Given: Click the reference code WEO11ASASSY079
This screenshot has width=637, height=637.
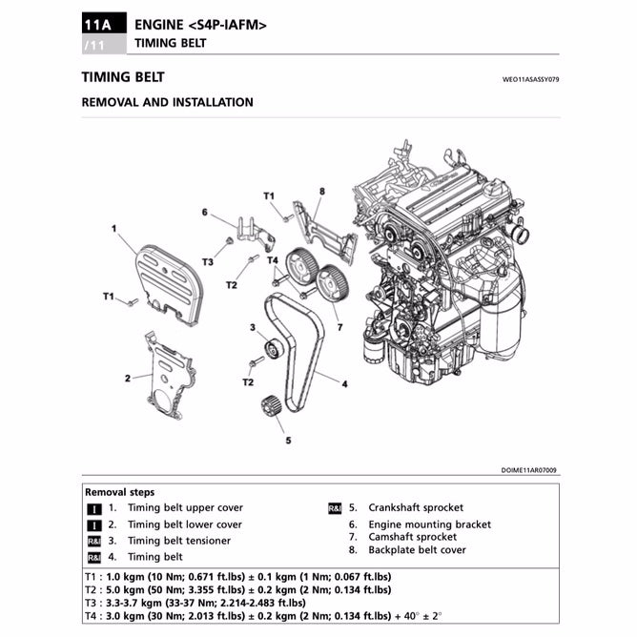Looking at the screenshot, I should pyautogui.click(x=530, y=81).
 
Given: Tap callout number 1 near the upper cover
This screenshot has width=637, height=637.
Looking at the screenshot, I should pyautogui.click(x=113, y=229).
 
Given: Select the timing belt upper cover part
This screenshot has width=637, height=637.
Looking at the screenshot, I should pyautogui.click(x=171, y=279).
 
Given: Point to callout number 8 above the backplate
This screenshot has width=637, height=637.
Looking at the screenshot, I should pyautogui.click(x=321, y=192).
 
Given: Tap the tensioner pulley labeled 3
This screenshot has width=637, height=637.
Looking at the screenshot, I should pyautogui.click(x=272, y=350).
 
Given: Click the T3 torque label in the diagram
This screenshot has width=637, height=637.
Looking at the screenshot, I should pyautogui.click(x=207, y=261).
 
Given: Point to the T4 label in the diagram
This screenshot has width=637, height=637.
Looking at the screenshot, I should pyautogui.click(x=272, y=259).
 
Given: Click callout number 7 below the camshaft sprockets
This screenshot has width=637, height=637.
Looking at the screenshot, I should pyautogui.click(x=339, y=327).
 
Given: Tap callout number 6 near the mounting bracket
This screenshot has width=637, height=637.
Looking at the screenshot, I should pyautogui.click(x=204, y=213).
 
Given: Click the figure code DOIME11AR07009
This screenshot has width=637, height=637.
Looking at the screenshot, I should pyautogui.click(x=530, y=470).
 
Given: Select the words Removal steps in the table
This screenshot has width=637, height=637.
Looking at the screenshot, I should pyautogui.click(x=119, y=492).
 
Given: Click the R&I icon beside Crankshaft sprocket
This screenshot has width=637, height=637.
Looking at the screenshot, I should pyautogui.click(x=335, y=508).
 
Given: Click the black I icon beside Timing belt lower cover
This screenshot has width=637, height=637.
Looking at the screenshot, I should pyautogui.click(x=93, y=524).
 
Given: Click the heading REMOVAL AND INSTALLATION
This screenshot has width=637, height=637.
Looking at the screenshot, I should pyautogui.click(x=168, y=102).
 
